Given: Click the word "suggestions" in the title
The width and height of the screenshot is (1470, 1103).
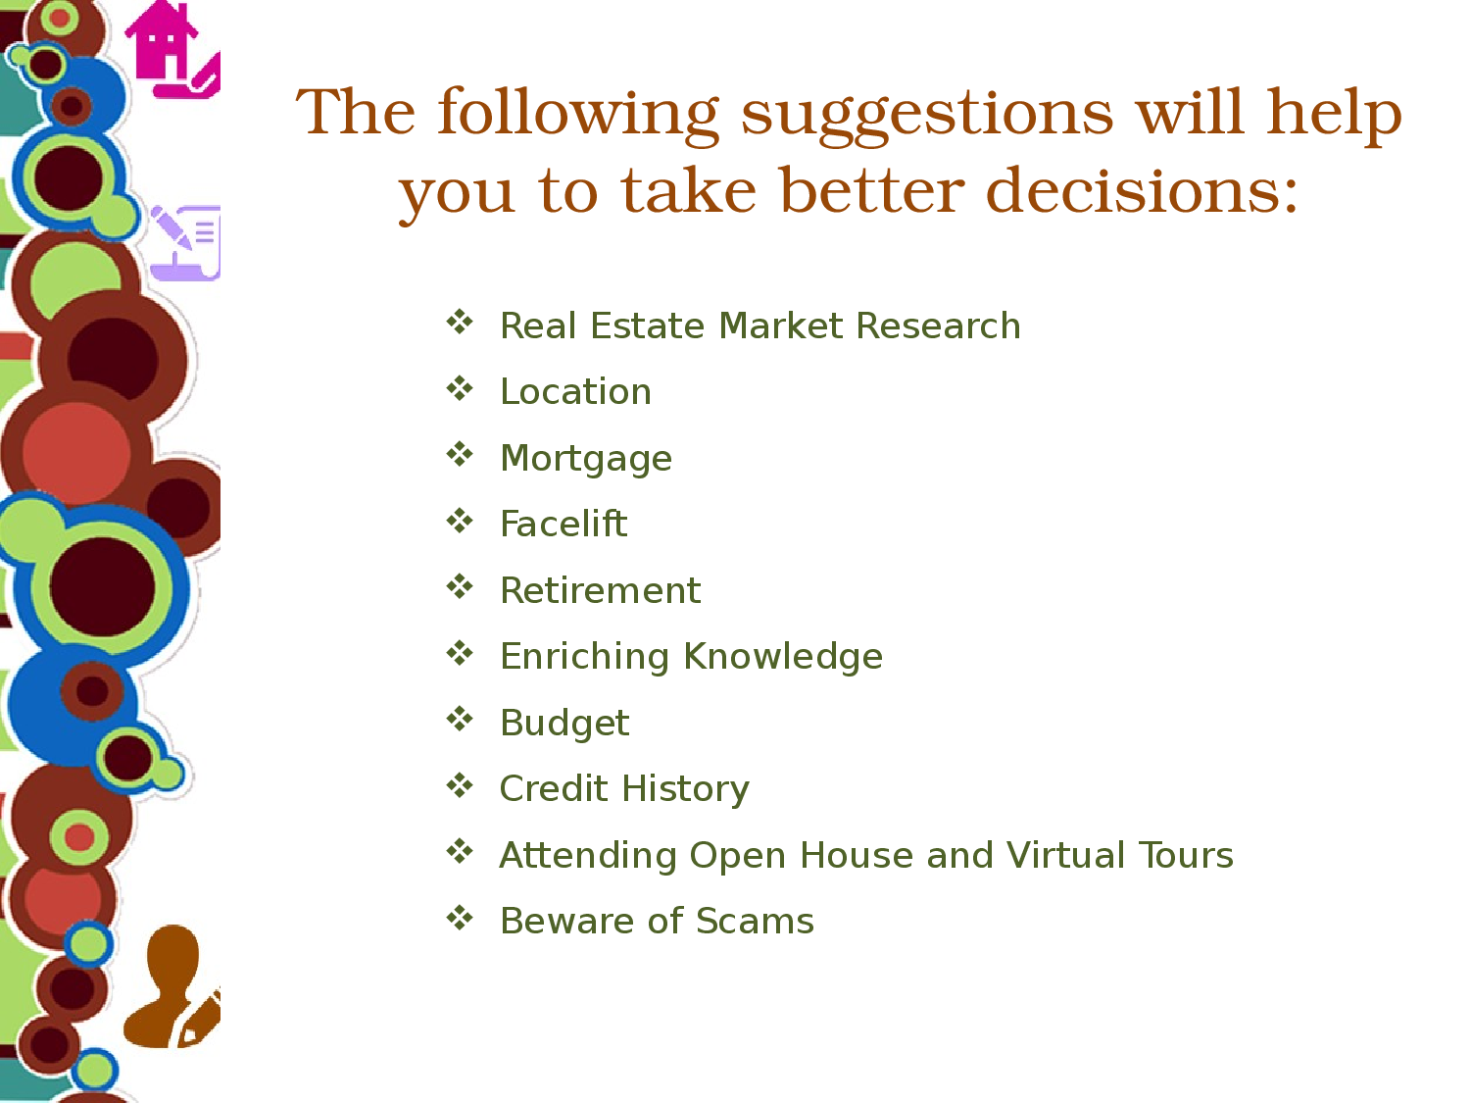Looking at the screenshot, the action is pos(927,115).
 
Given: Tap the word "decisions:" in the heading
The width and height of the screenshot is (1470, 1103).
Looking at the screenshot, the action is pos(1142,191).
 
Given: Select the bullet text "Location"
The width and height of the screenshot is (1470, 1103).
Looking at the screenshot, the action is pos(575,391).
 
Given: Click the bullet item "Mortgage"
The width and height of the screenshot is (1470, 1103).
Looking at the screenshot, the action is pos(586,460).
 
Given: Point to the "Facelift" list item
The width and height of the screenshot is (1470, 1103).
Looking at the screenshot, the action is pos(563,523).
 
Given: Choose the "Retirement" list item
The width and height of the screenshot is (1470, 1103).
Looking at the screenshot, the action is pos(600,590).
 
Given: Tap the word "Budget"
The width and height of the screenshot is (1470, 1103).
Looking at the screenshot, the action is pos(564,724).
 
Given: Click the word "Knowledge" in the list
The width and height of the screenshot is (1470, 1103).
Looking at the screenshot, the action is pos(783,656).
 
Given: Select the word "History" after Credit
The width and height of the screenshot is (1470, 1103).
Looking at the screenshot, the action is pos(685,790).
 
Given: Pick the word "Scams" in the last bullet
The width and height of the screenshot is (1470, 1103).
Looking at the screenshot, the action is pos(755,921).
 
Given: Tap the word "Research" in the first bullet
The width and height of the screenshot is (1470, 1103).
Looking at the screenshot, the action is pos(938,326).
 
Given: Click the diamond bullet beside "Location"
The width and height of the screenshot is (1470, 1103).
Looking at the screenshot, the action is pos(460,388).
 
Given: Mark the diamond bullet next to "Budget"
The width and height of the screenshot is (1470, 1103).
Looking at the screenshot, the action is pos(460,720).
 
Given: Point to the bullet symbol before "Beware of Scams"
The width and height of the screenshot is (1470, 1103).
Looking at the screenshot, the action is pos(460,918).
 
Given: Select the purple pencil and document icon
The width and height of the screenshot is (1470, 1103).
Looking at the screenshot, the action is pos(185,242).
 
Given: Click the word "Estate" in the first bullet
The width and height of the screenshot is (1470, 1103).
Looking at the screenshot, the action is pos(649,326).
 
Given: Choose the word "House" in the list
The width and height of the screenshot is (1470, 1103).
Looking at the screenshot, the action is pos(857,855).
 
